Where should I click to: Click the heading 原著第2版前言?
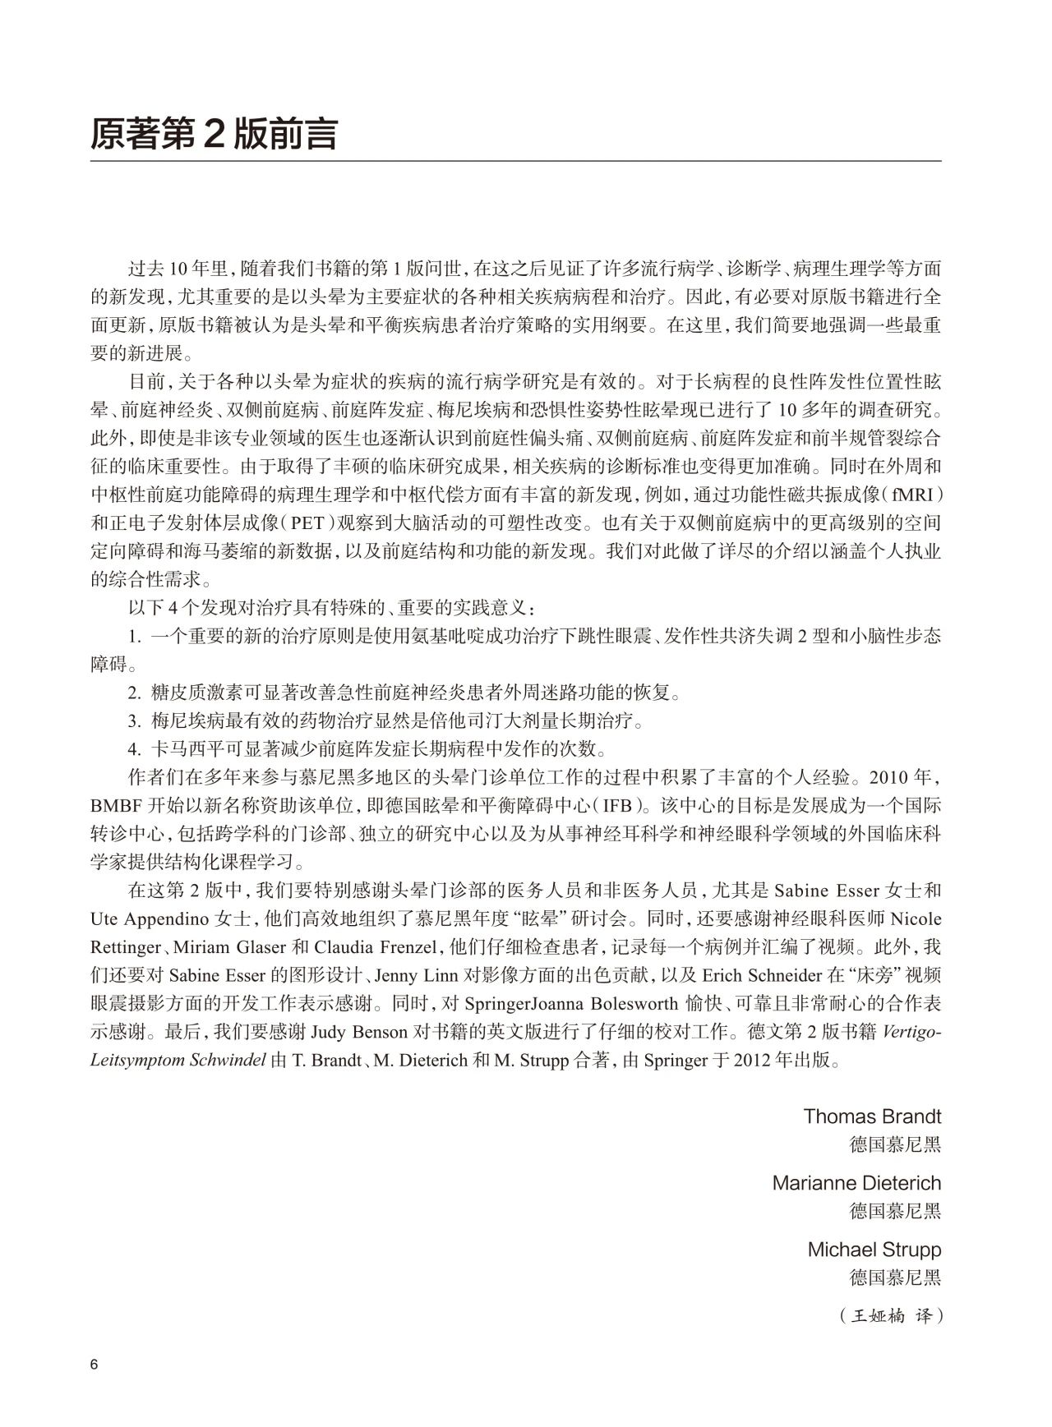(213, 133)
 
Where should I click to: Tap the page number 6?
(95, 1365)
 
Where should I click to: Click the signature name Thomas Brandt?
(872, 1116)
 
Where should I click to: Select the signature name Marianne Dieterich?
(856, 1183)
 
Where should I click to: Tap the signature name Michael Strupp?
(874, 1250)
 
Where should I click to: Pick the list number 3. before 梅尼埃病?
(135, 720)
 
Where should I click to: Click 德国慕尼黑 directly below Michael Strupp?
(895, 1277)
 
